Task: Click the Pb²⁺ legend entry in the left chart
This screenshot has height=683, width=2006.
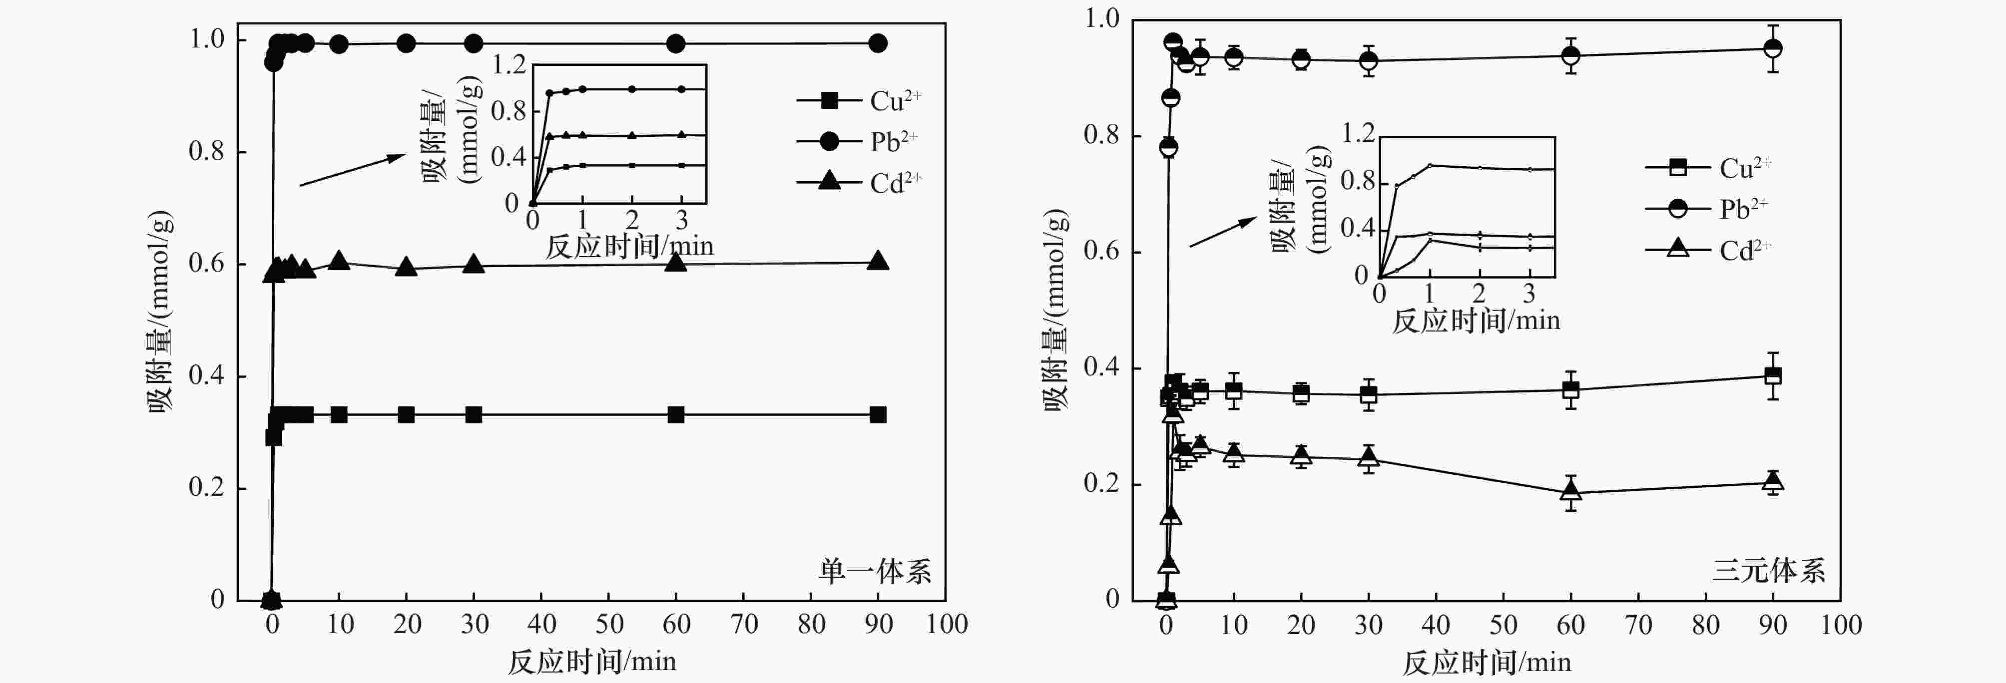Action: click(x=857, y=142)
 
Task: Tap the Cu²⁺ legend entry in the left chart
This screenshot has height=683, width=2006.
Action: click(x=857, y=100)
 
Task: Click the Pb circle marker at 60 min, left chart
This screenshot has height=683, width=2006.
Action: click(x=676, y=43)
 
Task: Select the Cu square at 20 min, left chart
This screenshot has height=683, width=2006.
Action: click(x=406, y=414)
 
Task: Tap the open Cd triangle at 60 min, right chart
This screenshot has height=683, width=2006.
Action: click(x=1571, y=491)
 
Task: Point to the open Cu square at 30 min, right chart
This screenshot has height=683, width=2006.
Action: click(x=1368, y=395)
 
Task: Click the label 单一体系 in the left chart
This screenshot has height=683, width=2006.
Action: click(x=874, y=572)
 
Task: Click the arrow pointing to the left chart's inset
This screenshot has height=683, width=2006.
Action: click(x=352, y=170)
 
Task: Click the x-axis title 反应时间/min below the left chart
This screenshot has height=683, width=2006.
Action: click(x=592, y=662)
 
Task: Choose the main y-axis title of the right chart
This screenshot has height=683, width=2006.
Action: click(x=1055, y=310)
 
